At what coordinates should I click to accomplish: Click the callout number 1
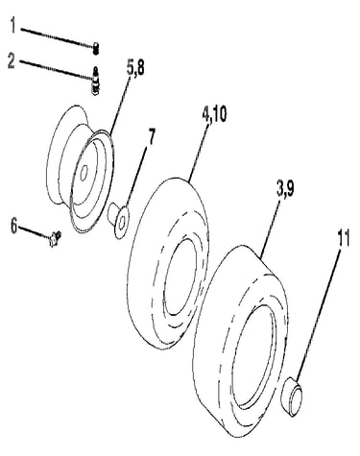click(x=12, y=25)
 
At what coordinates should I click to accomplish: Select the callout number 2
click(x=12, y=60)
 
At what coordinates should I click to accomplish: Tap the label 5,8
click(x=135, y=69)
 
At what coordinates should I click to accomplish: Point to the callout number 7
click(x=150, y=136)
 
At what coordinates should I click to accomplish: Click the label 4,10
click(x=214, y=115)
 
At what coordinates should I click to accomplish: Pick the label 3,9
click(x=285, y=189)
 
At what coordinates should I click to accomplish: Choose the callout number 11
click(x=343, y=238)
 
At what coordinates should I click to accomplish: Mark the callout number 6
click(x=14, y=227)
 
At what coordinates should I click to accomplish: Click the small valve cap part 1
click(x=96, y=49)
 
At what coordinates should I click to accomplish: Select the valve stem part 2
click(x=96, y=81)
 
